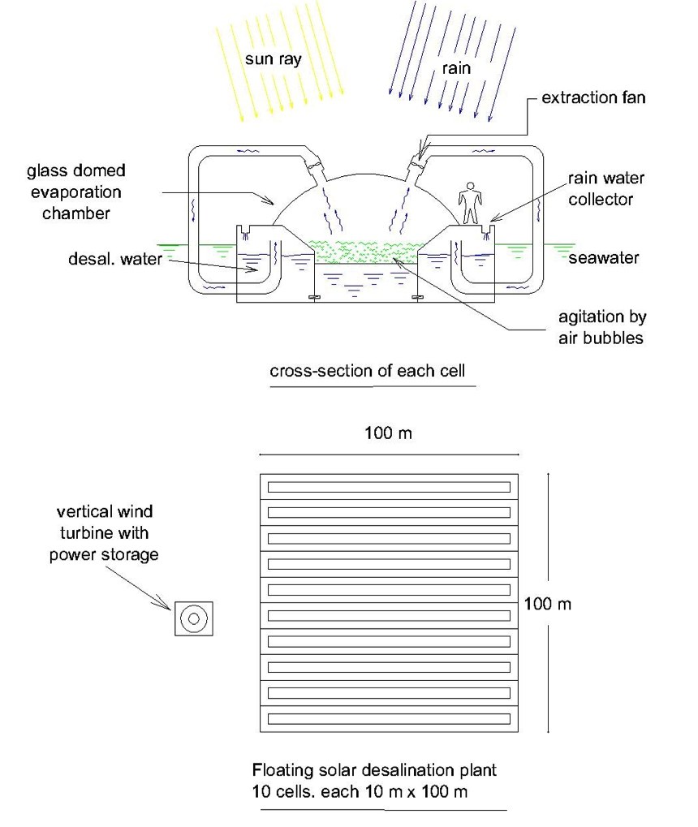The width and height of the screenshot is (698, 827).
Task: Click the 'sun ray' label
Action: (x=273, y=59)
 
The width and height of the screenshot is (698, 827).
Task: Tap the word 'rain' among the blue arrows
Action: (x=456, y=68)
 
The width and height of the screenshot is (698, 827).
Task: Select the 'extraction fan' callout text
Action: (x=593, y=97)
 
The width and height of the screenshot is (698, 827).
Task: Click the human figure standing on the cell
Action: (x=470, y=203)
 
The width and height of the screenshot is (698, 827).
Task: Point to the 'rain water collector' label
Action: (x=605, y=189)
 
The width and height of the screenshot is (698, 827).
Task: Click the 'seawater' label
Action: (x=604, y=258)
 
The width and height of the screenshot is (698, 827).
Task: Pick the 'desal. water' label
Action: (x=115, y=259)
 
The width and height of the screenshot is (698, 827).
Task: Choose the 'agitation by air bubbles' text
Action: (x=602, y=328)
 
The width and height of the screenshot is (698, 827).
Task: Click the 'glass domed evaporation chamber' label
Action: (x=76, y=192)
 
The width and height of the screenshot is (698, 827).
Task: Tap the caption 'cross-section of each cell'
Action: (x=367, y=371)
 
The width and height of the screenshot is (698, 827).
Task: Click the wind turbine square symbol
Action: (x=194, y=618)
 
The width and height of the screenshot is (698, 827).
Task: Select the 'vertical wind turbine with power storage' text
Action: (x=104, y=532)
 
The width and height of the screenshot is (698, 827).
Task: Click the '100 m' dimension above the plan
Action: (x=388, y=433)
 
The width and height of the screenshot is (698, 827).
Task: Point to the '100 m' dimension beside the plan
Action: (x=548, y=604)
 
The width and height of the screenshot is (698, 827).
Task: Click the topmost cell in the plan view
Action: (x=389, y=487)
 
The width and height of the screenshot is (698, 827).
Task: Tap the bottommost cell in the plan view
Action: (x=389, y=719)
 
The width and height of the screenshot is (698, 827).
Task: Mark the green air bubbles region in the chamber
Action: (x=365, y=251)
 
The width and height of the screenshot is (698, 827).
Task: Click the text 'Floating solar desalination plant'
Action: (x=374, y=770)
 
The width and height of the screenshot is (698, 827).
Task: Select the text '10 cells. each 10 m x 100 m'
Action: (x=360, y=791)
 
